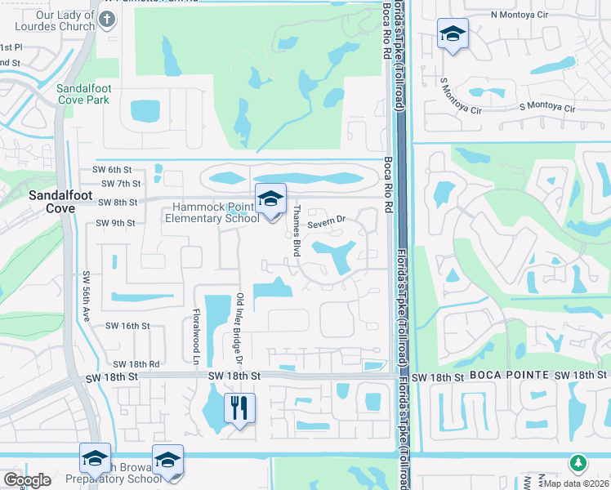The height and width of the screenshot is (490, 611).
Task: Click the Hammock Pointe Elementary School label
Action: point(212,212)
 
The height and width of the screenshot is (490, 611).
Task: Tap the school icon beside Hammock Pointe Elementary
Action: point(270,198)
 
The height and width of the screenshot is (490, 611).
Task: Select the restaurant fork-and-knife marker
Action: point(239,407)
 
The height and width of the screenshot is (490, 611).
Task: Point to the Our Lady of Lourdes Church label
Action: point(61,20)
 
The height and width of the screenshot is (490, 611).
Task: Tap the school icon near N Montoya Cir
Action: point(453,34)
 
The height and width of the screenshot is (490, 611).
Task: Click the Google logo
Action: point(27,480)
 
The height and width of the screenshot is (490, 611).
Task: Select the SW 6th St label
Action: point(112,169)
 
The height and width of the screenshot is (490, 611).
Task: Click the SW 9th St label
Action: point(114,223)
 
